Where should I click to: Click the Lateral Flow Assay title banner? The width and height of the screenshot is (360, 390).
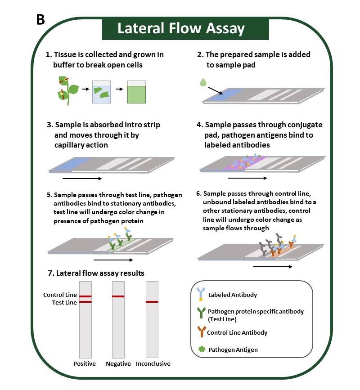181,29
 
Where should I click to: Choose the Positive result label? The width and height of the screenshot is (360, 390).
85,363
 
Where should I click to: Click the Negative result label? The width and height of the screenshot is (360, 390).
118,363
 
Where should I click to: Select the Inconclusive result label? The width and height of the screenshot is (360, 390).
153,363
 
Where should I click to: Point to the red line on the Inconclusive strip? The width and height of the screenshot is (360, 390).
152,302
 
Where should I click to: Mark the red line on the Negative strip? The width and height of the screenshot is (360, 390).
118,296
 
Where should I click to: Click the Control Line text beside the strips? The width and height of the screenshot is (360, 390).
60,295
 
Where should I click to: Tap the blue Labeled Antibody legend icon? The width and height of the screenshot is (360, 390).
199,295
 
